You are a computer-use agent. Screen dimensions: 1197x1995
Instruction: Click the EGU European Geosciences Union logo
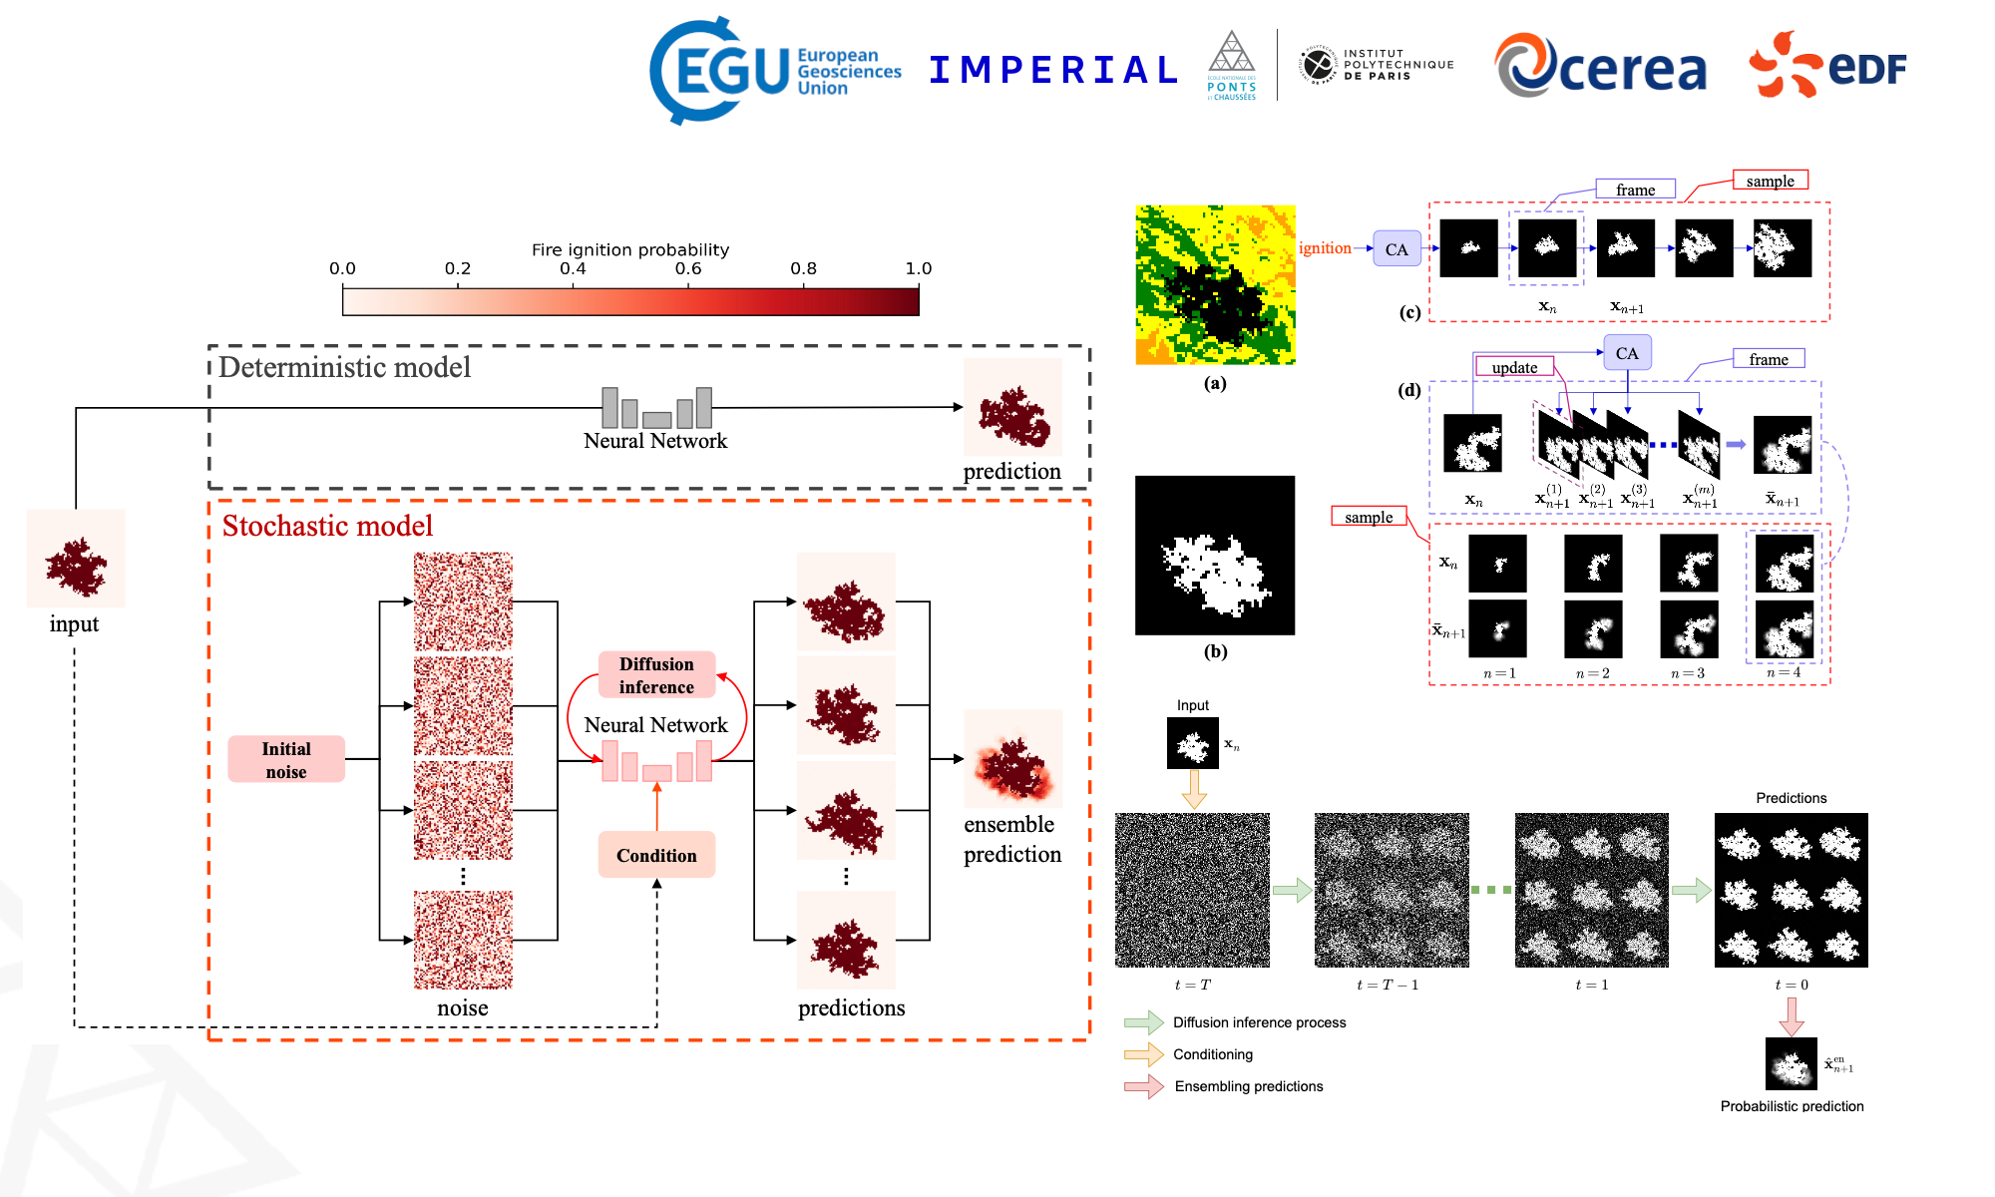point(774,70)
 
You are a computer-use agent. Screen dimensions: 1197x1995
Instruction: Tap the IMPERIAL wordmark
point(1053,70)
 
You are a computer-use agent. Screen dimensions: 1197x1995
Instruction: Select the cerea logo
point(1600,67)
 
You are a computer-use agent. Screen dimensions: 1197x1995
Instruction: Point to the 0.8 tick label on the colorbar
point(803,268)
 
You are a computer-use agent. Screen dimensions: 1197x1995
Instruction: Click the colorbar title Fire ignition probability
point(629,249)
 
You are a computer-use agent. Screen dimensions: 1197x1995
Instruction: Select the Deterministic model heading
point(344,367)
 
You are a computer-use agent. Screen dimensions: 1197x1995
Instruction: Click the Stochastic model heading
point(327,526)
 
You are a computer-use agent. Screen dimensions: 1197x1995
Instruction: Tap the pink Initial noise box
point(286,759)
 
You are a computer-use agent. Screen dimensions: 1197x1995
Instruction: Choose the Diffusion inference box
point(656,675)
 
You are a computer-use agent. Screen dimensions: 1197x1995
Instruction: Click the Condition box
point(656,855)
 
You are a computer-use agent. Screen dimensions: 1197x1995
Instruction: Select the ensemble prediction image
point(1012,758)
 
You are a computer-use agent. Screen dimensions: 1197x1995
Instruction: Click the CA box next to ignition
point(1396,249)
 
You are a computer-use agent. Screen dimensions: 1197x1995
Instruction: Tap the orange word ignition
point(1325,248)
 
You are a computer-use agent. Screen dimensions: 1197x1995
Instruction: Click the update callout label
point(1514,367)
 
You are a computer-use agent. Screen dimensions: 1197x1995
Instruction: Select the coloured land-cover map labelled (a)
point(1215,285)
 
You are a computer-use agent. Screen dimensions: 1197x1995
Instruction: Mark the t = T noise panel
point(1192,890)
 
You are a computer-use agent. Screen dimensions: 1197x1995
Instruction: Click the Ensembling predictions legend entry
point(1248,1086)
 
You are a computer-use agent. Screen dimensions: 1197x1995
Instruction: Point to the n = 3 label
point(1688,673)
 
